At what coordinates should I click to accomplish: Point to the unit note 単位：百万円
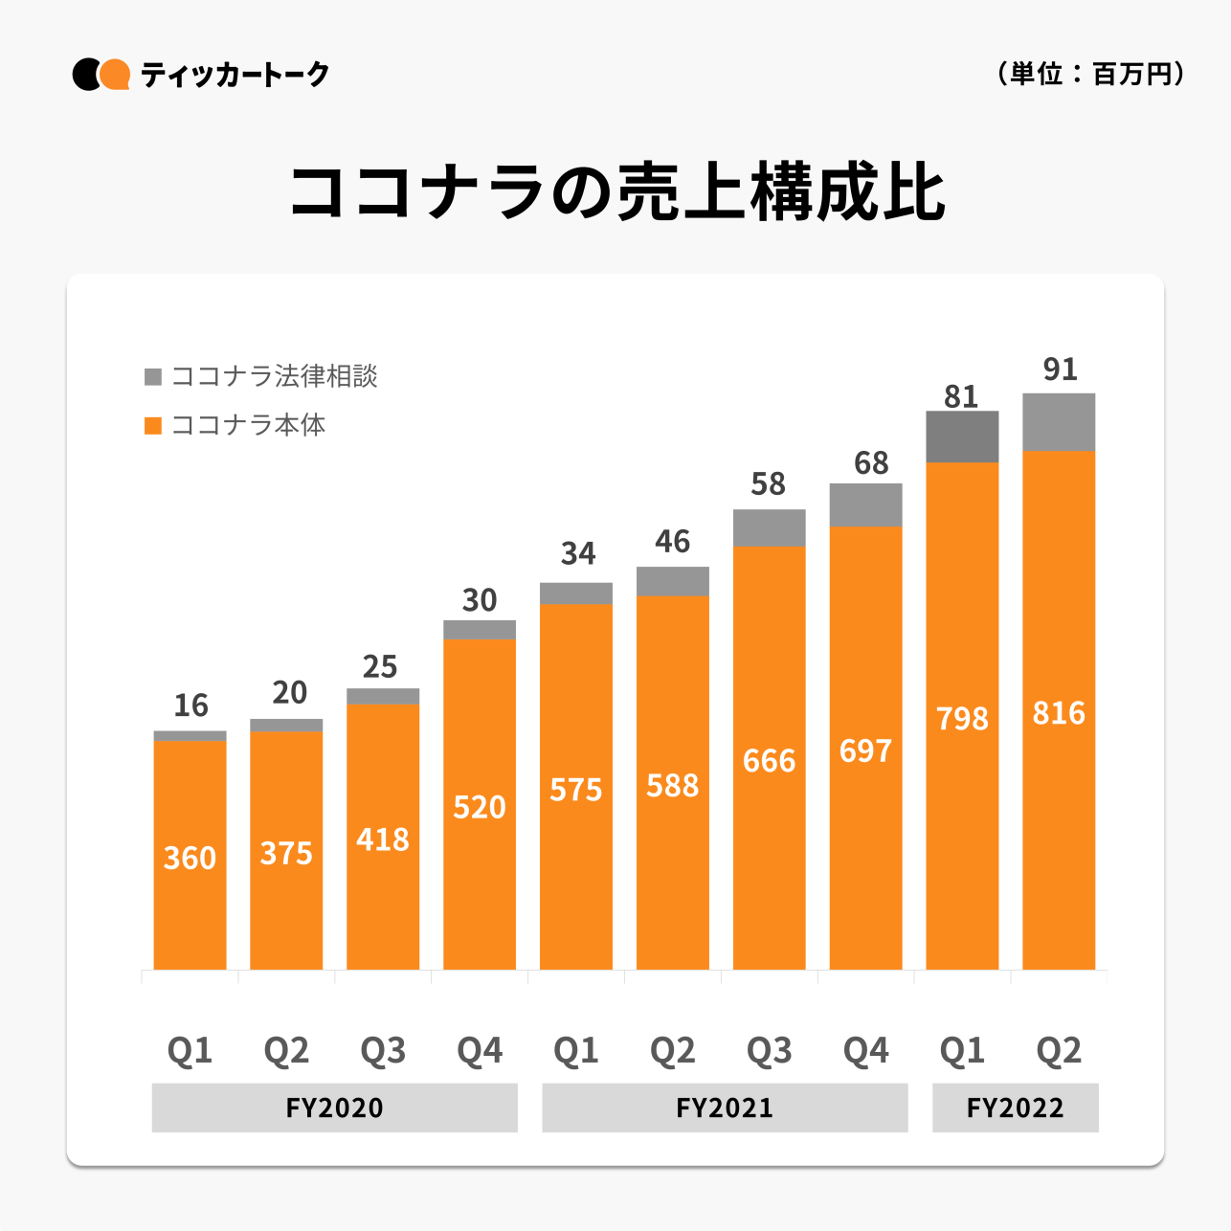tap(1091, 74)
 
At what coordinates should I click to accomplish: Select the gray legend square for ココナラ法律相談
tap(153, 376)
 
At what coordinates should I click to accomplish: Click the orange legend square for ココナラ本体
tap(153, 425)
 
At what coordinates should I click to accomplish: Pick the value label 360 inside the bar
tap(190, 858)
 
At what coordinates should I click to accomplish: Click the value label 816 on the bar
tap(1059, 713)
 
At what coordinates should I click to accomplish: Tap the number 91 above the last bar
tap(1060, 369)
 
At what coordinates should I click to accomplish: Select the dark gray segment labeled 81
tap(962, 436)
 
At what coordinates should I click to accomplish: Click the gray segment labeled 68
tap(865, 504)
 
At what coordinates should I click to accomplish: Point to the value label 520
tap(479, 808)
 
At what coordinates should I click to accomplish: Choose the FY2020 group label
tap(334, 1108)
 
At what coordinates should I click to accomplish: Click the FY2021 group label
tap(725, 1108)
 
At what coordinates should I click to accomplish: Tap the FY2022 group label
tap(1015, 1108)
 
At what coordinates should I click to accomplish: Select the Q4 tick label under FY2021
tap(865, 1051)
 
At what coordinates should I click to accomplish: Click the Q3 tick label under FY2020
tap(383, 1051)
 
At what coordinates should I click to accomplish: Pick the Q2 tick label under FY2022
tap(1059, 1051)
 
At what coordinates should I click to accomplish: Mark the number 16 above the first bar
tap(190, 705)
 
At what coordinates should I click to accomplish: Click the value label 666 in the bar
tap(769, 761)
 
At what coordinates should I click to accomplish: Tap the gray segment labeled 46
tap(672, 581)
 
